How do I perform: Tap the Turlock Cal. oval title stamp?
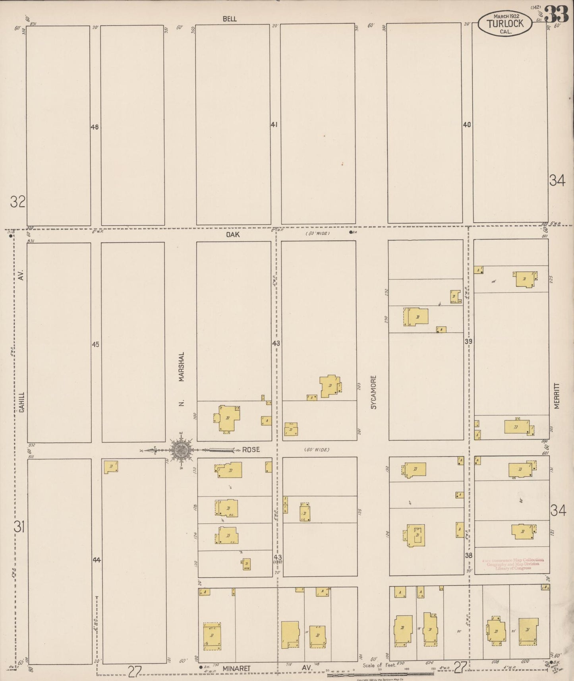point(505,23)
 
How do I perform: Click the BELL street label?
point(230,19)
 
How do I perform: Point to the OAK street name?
point(233,234)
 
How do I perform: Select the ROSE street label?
point(251,449)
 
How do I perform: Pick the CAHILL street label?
point(21,402)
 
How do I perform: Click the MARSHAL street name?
point(182,366)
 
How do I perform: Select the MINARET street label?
point(236,668)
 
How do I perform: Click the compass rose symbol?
point(182,450)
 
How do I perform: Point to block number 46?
point(95,127)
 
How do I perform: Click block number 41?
point(274,125)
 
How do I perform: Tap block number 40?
point(467,125)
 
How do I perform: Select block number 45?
point(95,344)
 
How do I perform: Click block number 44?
point(97,560)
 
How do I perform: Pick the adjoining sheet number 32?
point(18,202)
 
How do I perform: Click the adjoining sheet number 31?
point(19,527)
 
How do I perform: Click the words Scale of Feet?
point(379,665)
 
